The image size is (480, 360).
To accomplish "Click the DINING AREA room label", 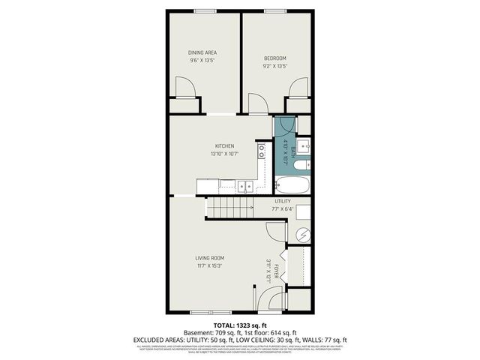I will pyautogui.click(x=202, y=52).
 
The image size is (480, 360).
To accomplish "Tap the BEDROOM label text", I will pyautogui.click(x=274, y=58).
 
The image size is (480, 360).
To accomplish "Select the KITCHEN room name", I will pyautogui.click(x=225, y=146).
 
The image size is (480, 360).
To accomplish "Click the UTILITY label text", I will pyautogui.click(x=282, y=202).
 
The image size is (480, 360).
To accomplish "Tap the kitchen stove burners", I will pyautogui.click(x=261, y=154).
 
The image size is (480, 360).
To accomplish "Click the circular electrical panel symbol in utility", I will pyautogui.click(x=302, y=235).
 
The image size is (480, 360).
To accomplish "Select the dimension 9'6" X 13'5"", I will pyautogui.click(x=202, y=60).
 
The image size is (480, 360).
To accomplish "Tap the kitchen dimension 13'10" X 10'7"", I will pyautogui.click(x=225, y=154).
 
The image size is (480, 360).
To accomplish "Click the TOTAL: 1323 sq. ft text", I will pyautogui.click(x=239, y=325).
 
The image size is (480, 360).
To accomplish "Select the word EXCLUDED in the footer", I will pyautogui.click(x=151, y=340).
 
